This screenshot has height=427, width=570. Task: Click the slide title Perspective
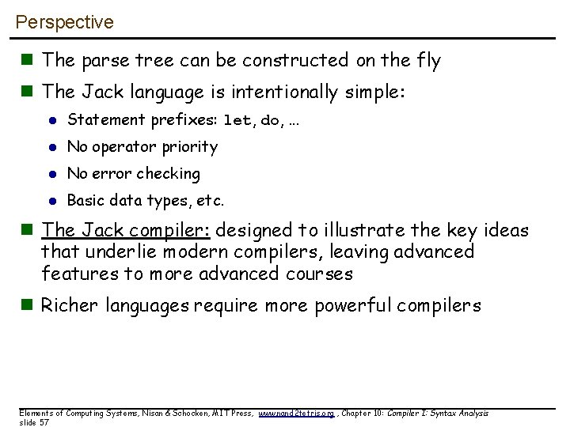click(x=65, y=22)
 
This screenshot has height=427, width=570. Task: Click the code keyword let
click(x=237, y=121)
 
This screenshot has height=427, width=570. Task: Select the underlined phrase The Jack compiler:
click(x=127, y=230)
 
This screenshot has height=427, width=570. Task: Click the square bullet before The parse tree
click(x=29, y=60)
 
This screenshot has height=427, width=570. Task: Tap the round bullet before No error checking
click(x=53, y=174)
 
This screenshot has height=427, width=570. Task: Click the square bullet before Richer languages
click(x=29, y=305)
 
